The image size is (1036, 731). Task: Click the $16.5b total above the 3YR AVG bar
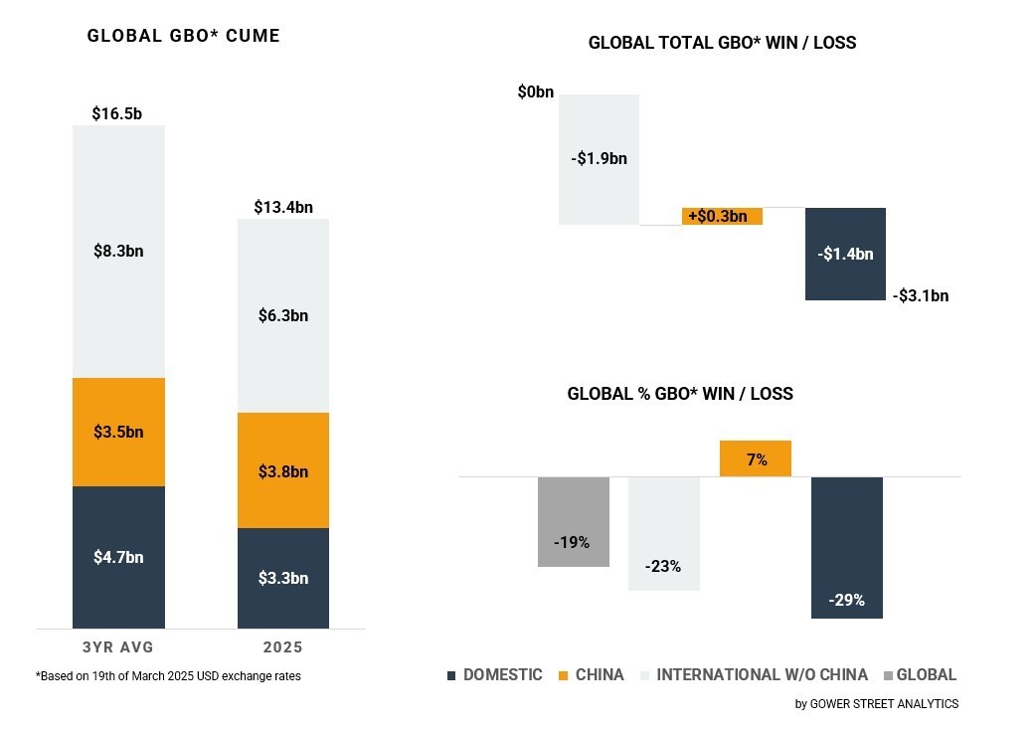click(117, 113)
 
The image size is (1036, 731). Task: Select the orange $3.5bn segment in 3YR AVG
click(118, 432)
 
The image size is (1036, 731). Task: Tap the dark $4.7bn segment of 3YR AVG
click(118, 557)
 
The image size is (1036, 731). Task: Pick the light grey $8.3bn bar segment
click(118, 251)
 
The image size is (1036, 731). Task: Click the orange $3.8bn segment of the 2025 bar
click(282, 470)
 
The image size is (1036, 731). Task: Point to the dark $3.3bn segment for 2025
click(282, 578)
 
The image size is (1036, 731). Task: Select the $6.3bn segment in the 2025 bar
click(282, 315)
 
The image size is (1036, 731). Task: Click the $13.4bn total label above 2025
click(282, 207)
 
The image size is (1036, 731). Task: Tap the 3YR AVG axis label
click(117, 647)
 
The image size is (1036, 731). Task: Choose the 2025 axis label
click(282, 647)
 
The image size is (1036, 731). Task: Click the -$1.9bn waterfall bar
click(599, 159)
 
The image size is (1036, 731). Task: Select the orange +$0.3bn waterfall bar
click(722, 216)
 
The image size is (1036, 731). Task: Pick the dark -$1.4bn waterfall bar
click(845, 254)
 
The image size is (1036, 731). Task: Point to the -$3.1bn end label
click(920, 295)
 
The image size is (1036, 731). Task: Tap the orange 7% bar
click(756, 458)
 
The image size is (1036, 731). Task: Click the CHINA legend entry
click(592, 674)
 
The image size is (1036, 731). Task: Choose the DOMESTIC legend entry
click(494, 674)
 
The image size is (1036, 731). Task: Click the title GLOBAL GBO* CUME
click(184, 36)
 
